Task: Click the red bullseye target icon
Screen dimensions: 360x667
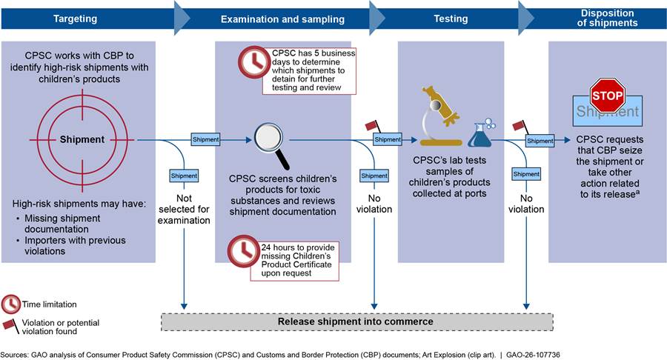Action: [x=82, y=139]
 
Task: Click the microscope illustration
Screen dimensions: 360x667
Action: [x=442, y=115]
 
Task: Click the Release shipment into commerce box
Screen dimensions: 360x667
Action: [x=356, y=321]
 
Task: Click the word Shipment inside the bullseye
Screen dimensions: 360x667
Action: [x=82, y=139]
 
